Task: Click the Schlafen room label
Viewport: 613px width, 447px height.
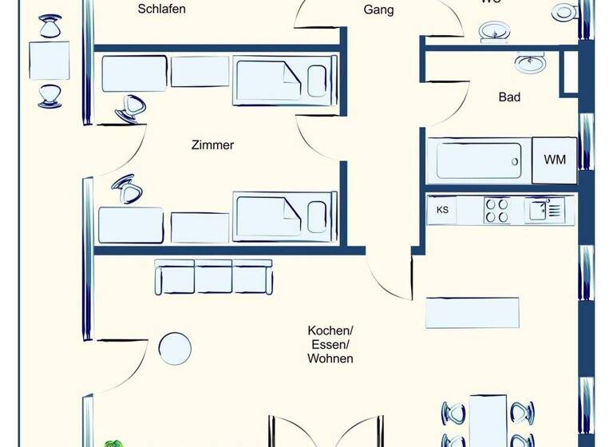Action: (162, 10)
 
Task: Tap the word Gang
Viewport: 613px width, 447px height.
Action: (378, 10)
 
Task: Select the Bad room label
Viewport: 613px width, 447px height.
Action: (509, 97)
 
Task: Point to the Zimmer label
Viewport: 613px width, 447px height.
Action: (212, 145)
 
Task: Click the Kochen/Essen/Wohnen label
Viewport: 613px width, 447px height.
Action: (330, 344)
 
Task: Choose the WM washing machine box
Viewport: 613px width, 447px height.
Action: (555, 160)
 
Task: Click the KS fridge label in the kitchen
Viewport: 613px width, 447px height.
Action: (442, 211)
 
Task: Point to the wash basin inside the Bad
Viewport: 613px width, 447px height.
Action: (529, 62)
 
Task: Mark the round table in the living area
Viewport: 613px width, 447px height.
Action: (174, 348)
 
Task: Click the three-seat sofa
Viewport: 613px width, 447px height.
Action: (213, 277)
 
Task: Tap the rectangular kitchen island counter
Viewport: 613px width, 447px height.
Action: (473, 312)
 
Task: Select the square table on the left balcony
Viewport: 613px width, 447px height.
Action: (49, 61)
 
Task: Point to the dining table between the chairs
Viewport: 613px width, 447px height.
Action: (488, 421)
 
